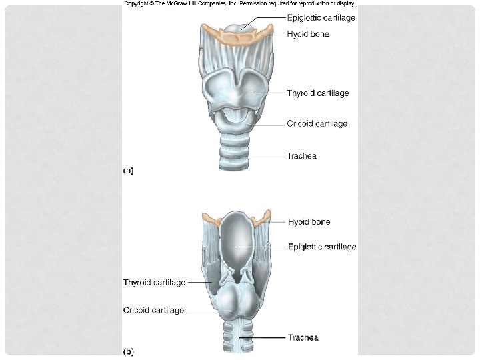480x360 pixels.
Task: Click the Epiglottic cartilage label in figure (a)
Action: pyautogui.click(x=321, y=18)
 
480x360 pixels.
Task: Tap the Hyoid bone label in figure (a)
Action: pyautogui.click(x=307, y=33)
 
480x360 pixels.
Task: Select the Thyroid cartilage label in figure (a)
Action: pyautogui.click(x=317, y=93)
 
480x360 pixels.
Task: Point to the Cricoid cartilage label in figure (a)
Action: pyautogui.click(x=317, y=123)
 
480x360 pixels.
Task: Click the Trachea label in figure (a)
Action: pyautogui.click(x=301, y=156)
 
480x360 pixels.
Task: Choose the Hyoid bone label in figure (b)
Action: pyautogui.click(x=309, y=221)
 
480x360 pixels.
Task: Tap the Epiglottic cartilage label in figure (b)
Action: pyautogui.click(x=322, y=247)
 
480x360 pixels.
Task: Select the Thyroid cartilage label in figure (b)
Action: pyautogui.click(x=154, y=283)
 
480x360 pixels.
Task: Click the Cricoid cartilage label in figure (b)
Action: pyautogui.click(x=153, y=310)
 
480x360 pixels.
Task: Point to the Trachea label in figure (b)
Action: pyautogui.click(x=303, y=337)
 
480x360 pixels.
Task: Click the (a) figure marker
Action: pyautogui.click(x=129, y=171)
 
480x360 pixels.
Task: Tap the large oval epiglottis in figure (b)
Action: pyautogui.click(x=237, y=240)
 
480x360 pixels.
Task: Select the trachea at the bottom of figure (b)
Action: pyautogui.click(x=237, y=340)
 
